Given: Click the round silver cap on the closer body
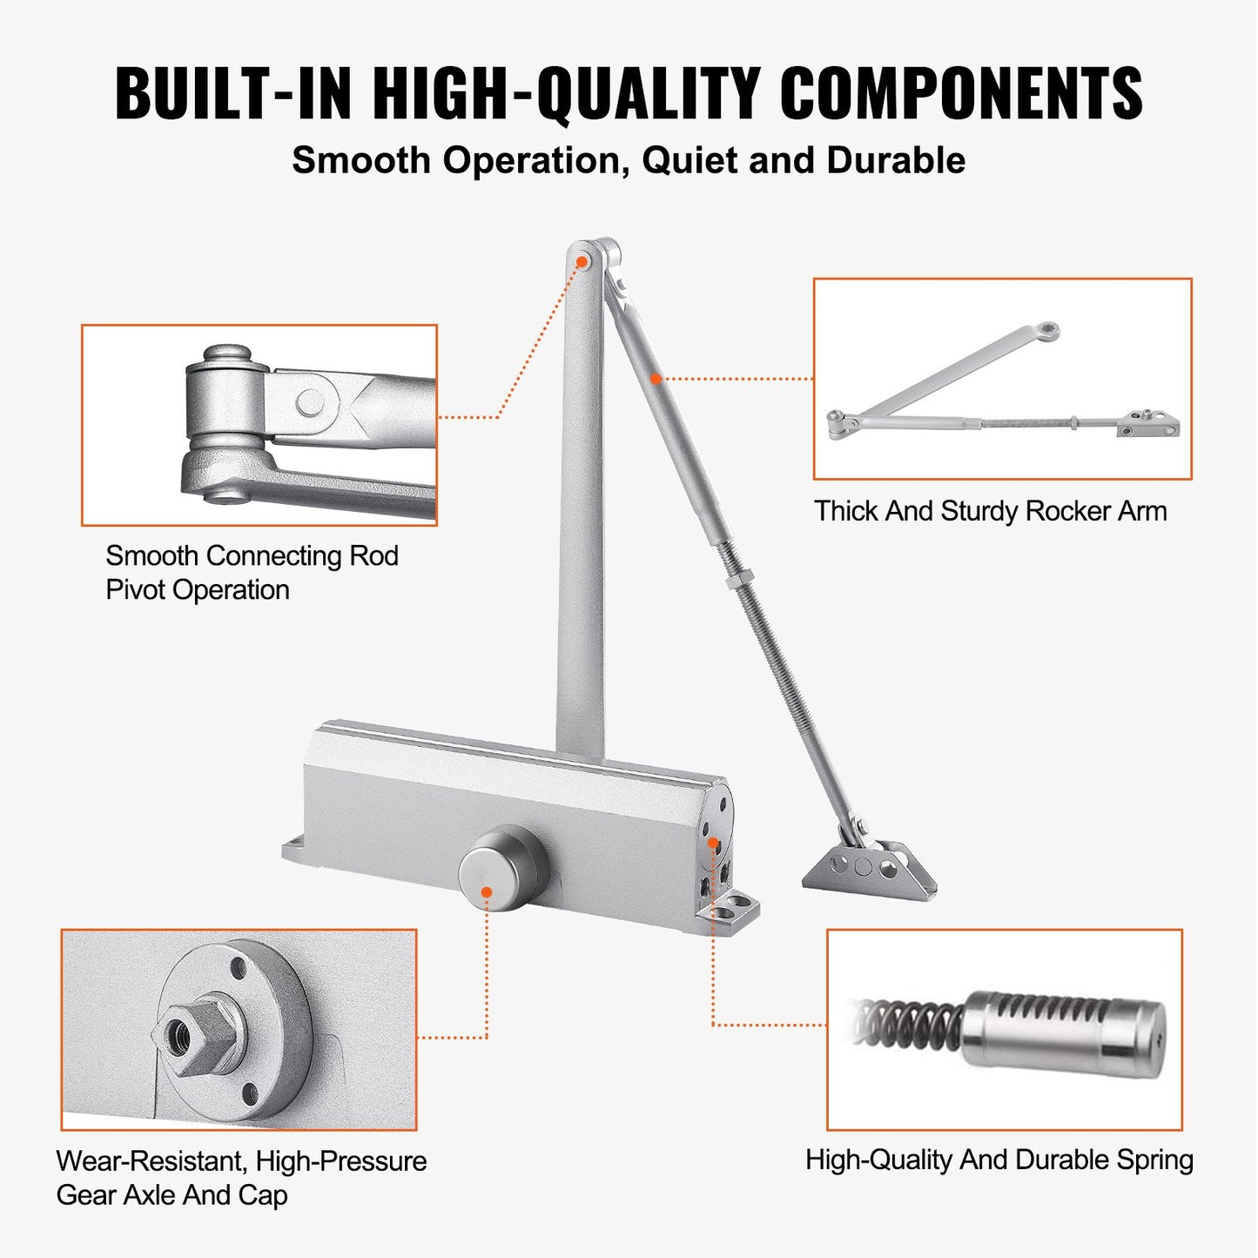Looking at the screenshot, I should [502, 870].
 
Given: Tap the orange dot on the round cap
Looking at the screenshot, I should [487, 892].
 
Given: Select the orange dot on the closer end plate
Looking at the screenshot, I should [712, 842].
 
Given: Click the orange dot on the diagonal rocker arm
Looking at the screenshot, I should [656, 378].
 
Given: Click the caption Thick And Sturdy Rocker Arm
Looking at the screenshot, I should [990, 511].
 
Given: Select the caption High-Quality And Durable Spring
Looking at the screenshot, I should [999, 1160].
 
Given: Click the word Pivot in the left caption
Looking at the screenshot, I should [136, 590].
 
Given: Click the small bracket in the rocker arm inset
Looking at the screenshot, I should [1149, 425].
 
